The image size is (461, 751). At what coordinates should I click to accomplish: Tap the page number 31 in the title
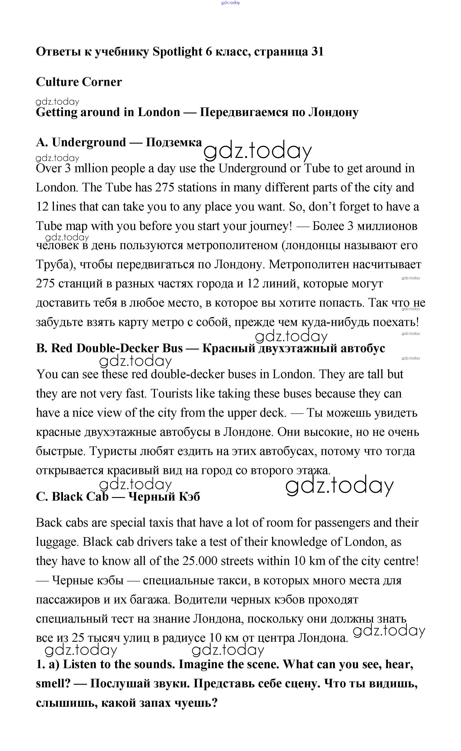click(317, 52)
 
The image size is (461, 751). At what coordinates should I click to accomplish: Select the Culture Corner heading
click(79, 82)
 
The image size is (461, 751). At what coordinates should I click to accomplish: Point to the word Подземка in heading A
click(173, 142)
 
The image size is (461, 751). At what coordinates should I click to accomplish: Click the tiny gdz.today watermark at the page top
click(230, 3)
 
